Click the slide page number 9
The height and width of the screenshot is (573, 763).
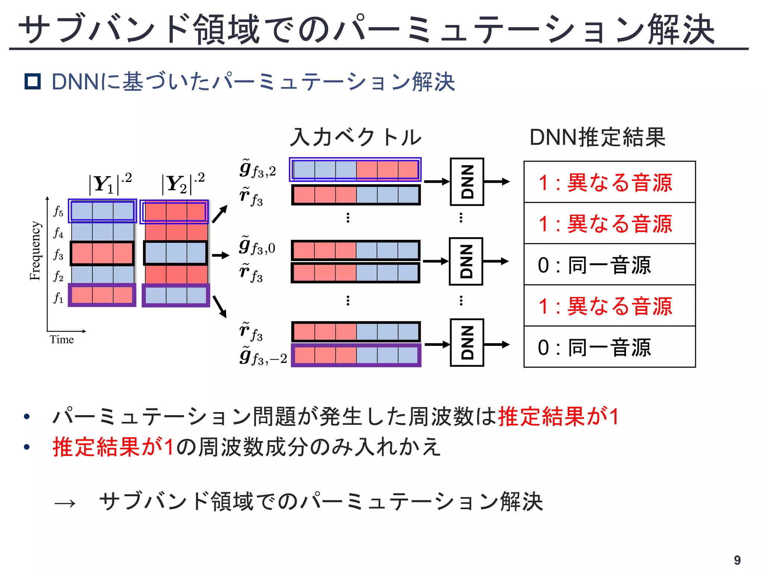point(737,560)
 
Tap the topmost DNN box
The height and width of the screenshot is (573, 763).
point(467,182)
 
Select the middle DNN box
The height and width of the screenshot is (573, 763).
point(466,261)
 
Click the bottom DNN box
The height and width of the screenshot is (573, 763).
point(467,342)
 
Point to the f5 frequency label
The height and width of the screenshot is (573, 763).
point(58,211)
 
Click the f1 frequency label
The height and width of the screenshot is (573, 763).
point(58,298)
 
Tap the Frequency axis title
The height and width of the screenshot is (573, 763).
point(35,250)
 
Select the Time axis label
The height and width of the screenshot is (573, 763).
point(62,339)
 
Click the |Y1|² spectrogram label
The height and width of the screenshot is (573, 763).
point(110,183)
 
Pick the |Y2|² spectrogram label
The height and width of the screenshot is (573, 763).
point(183,183)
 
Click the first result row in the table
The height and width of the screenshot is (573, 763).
point(609,182)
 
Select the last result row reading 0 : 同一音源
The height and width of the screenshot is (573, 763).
point(609,347)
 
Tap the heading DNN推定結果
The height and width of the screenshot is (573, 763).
point(597,137)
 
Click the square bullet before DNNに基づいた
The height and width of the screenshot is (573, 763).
point(32,81)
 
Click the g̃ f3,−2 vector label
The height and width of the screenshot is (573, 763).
point(263,356)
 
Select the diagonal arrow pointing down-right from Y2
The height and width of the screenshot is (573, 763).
point(219,306)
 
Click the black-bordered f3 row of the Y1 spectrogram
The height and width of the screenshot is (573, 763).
point(102,253)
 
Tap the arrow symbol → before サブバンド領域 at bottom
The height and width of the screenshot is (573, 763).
point(65,504)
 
